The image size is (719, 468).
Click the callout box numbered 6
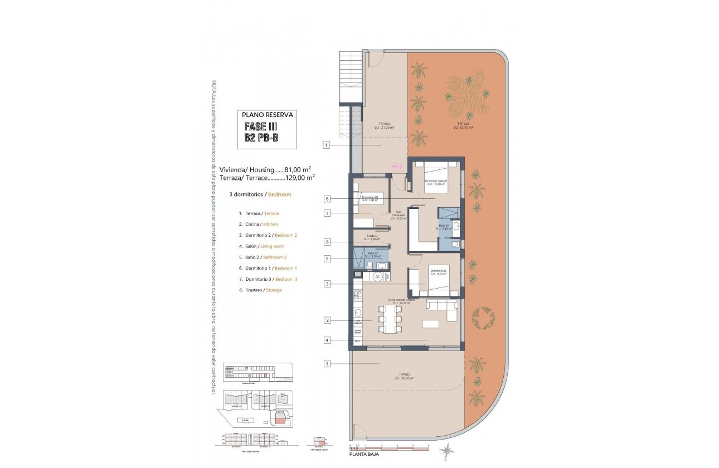coord(327,198)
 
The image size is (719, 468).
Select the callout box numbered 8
coord(327,242)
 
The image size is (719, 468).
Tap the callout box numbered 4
coord(327,340)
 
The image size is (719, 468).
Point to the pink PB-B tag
coord(397,167)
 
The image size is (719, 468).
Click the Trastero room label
coord(372,237)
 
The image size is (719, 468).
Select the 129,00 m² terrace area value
coord(300,178)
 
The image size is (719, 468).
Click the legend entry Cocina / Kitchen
coord(258,224)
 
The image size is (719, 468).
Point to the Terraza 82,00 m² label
coord(462,125)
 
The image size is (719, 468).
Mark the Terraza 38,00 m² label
coord(404,376)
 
